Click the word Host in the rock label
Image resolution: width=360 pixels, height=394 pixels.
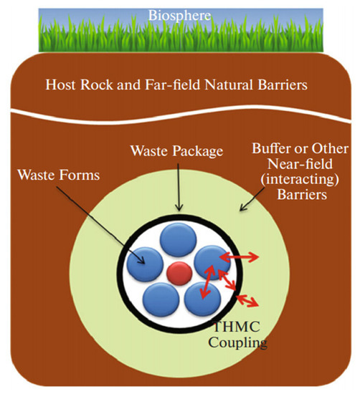tap(62, 85)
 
